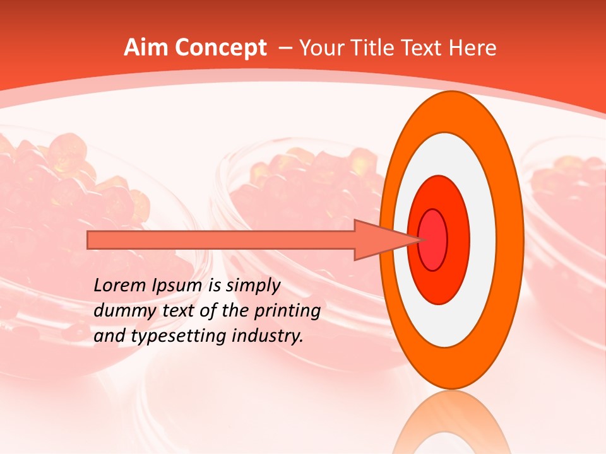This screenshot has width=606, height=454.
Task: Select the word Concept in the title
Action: coord(221,49)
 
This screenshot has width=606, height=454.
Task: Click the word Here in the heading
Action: coord(473,48)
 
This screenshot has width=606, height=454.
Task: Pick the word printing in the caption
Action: coord(287,311)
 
